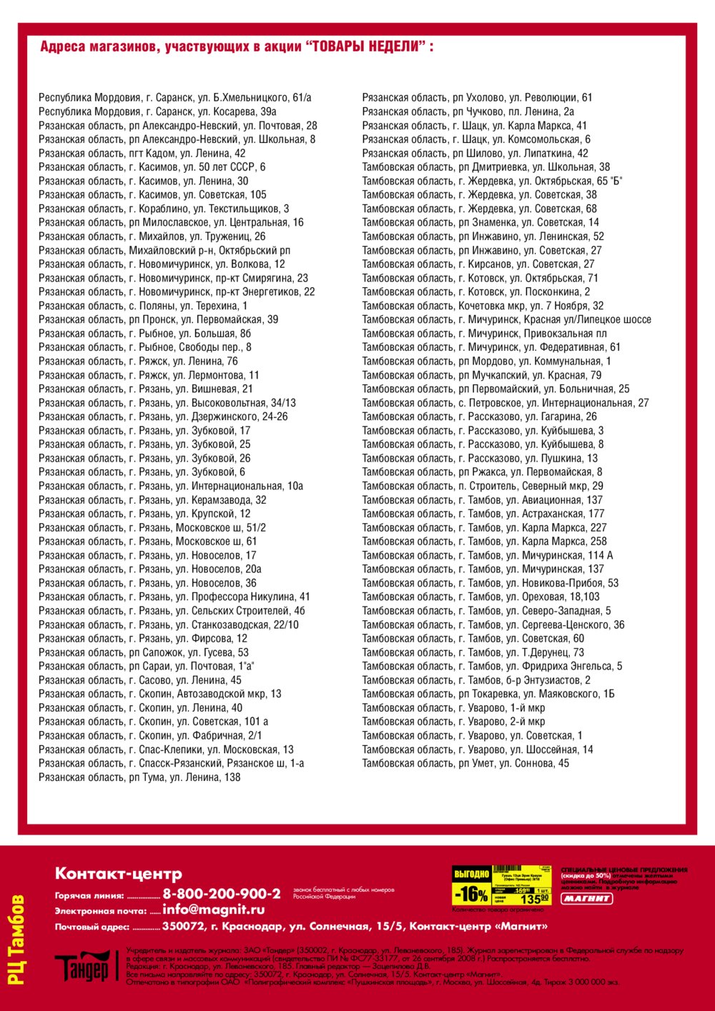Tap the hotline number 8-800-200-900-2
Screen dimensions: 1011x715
(222, 894)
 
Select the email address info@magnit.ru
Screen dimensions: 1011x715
(214, 910)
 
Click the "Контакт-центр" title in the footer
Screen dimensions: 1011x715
(119, 873)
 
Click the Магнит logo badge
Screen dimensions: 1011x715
(586, 898)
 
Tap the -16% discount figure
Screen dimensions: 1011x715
(471, 894)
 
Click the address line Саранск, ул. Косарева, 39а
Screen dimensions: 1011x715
(157, 111)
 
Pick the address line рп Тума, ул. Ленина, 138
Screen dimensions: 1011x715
(139, 777)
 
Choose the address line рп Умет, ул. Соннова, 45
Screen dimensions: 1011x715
(465, 763)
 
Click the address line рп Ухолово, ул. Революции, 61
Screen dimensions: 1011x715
(477, 98)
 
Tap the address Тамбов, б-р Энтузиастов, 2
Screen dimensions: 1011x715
(476, 680)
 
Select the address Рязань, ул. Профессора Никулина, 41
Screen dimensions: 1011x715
(174, 597)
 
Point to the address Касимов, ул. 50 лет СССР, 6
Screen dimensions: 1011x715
(152, 167)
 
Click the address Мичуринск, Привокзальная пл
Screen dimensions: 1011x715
(484, 334)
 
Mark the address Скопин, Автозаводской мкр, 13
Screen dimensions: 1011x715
(160, 694)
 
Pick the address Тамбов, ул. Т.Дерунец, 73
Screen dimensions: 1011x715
(473, 652)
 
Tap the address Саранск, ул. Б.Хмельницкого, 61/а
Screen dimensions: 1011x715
(175, 98)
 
